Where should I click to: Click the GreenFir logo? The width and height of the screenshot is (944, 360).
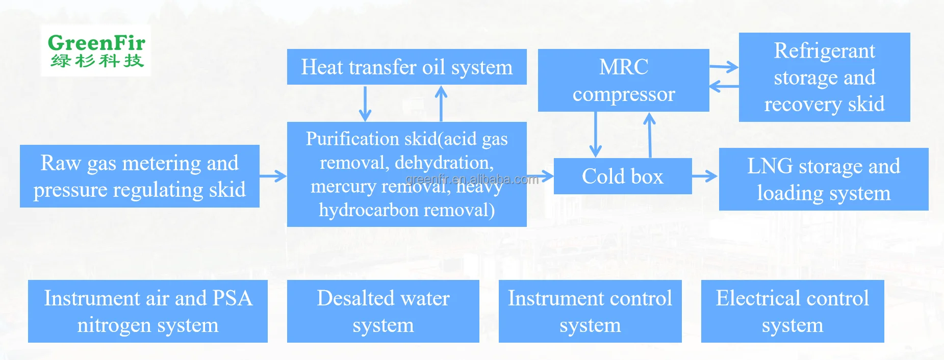pyautogui.click(x=96, y=50)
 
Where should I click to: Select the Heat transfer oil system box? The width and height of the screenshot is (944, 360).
pyautogui.click(x=406, y=67)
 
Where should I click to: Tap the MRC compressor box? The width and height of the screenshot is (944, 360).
pyautogui.click(x=623, y=80)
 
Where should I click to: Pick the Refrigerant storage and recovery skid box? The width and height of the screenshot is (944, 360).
pyautogui.click(x=824, y=77)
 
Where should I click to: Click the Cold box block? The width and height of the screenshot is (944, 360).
pyautogui.click(x=622, y=176)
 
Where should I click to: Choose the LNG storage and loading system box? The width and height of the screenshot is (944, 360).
pyautogui.click(x=823, y=179)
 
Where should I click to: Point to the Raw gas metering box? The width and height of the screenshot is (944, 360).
pyautogui.click(x=139, y=176)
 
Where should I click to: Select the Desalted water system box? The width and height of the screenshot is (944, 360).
pyautogui.click(x=383, y=311)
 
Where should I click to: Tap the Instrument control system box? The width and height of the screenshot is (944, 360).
pyautogui.click(x=590, y=311)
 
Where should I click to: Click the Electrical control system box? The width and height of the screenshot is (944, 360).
pyautogui.click(x=792, y=311)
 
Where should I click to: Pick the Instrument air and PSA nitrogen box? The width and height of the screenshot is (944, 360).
pyautogui.click(x=147, y=311)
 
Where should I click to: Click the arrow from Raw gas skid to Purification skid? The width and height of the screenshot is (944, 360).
pyautogui.click(x=273, y=176)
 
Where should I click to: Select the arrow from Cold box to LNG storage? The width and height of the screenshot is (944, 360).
pyautogui.click(x=705, y=176)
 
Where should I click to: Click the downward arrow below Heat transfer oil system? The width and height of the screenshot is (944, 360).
pyautogui.click(x=365, y=104)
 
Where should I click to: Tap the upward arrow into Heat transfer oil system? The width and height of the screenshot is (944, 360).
pyautogui.click(x=441, y=103)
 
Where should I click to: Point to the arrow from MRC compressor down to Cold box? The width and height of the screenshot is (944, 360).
pyautogui.click(x=595, y=134)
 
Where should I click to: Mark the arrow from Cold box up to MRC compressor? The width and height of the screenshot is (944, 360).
pyautogui.click(x=649, y=135)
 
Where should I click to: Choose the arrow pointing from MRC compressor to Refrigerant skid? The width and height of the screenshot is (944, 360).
pyautogui.click(x=724, y=66)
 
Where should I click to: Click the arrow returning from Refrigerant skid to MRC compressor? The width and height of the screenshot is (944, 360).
pyautogui.click(x=724, y=86)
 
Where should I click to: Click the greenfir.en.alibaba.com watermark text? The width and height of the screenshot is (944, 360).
pyautogui.click(x=472, y=179)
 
